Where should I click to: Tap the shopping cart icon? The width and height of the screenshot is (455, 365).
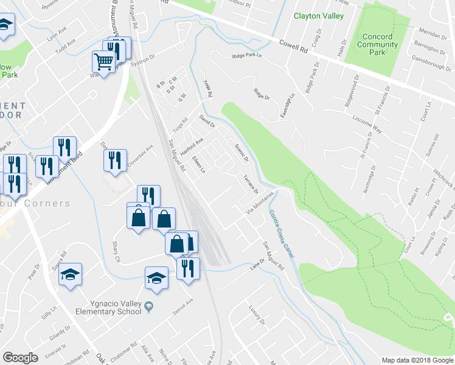(104, 61)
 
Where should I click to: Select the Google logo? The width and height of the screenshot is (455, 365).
(20, 358)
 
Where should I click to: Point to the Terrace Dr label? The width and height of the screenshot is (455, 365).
(251, 184)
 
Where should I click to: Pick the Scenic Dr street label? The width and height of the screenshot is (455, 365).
(241, 152)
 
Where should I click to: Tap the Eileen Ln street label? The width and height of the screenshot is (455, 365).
(199, 164)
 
